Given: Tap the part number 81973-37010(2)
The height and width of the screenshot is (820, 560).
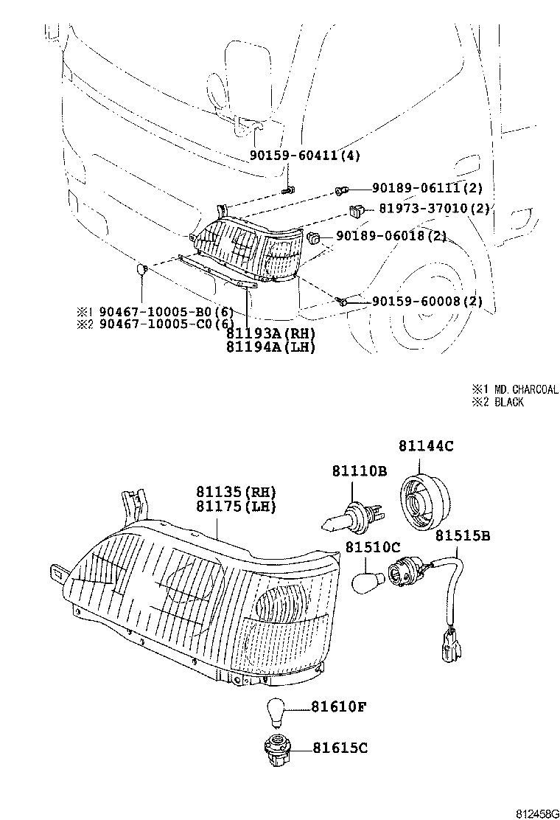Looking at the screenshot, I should pos(435,209).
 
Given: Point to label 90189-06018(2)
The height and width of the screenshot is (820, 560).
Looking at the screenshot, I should pos(391,236).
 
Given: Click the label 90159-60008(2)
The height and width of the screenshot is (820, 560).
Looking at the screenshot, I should pos(427,301).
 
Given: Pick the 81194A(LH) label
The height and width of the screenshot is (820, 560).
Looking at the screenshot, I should pos(270,347).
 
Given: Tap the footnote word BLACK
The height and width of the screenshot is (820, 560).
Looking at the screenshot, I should pos(509,402).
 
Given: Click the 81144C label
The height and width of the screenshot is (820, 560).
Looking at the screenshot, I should pos(426,445).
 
